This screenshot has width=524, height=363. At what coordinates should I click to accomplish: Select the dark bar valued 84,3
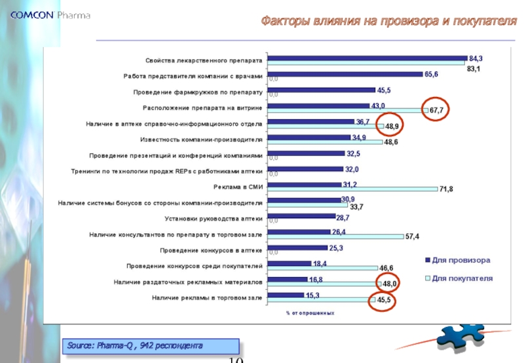click(367, 58)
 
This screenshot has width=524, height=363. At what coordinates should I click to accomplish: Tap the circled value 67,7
click(437, 111)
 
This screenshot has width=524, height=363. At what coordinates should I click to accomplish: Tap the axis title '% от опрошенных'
click(310, 313)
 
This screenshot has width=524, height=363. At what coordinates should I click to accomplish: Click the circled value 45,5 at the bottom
click(384, 300)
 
